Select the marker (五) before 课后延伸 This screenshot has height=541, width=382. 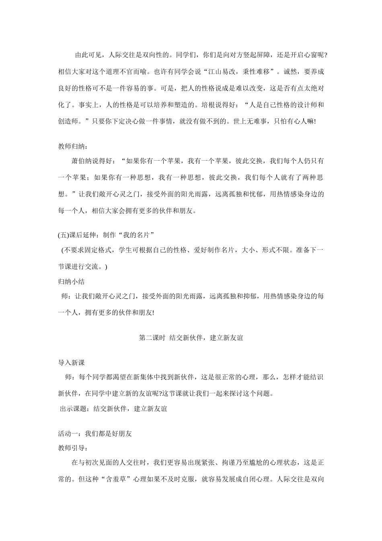click(64, 235)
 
